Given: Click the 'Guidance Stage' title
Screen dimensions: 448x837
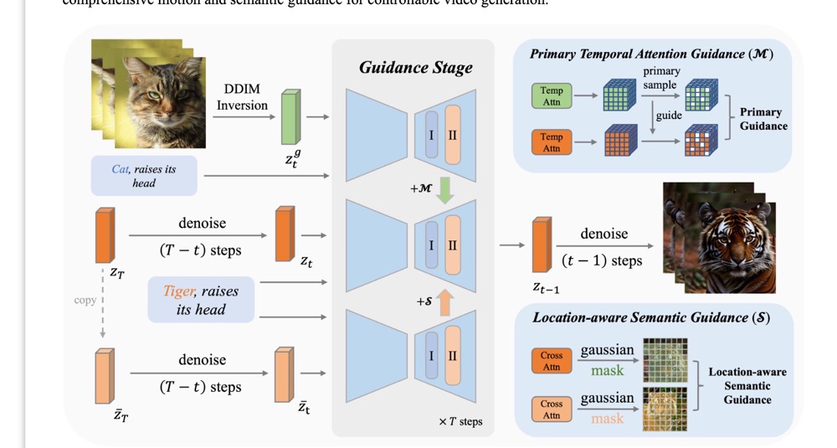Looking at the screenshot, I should [x=416, y=68].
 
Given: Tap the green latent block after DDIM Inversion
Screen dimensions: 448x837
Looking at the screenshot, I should [x=289, y=117].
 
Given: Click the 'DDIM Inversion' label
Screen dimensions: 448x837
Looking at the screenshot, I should [x=242, y=97].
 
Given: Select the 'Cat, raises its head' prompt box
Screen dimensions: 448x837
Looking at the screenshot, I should [x=144, y=176].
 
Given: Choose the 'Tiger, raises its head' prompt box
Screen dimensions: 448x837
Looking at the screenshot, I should [x=201, y=300].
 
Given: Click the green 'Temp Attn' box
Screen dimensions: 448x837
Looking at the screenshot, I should [x=552, y=96].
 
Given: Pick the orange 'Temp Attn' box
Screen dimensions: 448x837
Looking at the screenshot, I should [x=552, y=143].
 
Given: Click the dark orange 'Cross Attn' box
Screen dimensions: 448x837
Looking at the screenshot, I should [x=552, y=361].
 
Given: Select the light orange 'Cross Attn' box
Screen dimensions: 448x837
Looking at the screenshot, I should [x=552, y=409].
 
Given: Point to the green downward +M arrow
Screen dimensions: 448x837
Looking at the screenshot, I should [x=445, y=190].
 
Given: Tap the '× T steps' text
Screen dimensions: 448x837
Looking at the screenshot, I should [x=460, y=421].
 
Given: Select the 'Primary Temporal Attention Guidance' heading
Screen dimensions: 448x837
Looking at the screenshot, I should [x=651, y=54].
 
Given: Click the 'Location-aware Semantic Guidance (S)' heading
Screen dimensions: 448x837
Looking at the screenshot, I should [x=651, y=317].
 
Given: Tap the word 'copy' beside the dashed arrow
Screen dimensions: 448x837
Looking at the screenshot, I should [x=85, y=300].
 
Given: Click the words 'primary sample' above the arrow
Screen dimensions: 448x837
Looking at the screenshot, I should [x=660, y=78].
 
